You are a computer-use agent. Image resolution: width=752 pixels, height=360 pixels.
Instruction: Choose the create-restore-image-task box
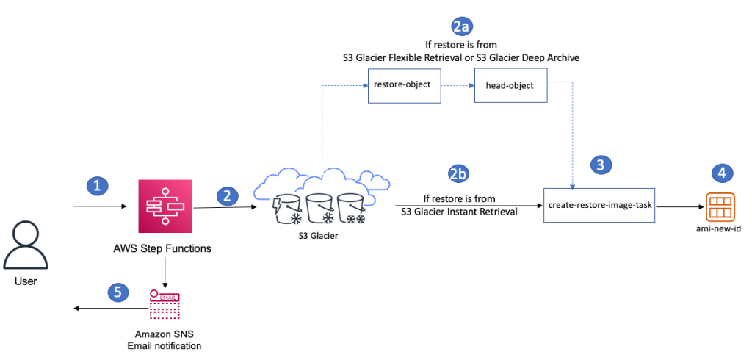pyautogui.click(x=598, y=207)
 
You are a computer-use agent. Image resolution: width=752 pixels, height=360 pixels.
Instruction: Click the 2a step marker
pyautogui.click(x=461, y=27)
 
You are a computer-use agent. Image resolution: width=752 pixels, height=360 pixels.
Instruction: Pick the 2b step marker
pyautogui.click(x=459, y=174)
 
